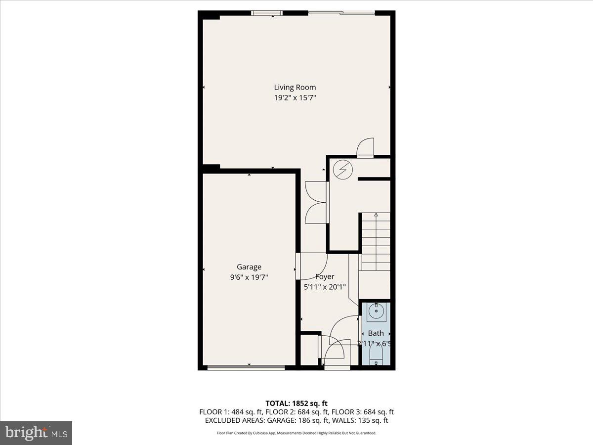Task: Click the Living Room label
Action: click(295, 88)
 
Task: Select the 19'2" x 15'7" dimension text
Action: click(295, 98)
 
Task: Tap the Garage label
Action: click(249, 267)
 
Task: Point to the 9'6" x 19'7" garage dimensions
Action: click(249, 277)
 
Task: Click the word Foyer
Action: click(325, 277)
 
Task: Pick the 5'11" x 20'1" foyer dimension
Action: click(325, 286)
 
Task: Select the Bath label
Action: click(376, 333)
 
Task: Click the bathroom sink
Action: click(376, 311)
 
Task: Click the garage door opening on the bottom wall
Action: click(246, 367)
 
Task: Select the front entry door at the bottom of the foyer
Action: click(336, 367)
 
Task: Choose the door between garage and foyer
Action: click(298, 267)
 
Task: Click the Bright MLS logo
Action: click(36, 433)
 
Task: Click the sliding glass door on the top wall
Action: click(341, 13)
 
